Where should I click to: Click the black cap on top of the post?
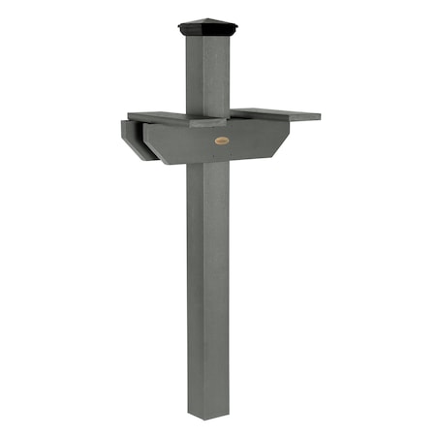[207, 27]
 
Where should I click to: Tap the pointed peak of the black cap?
[207, 17]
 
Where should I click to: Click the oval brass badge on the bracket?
[222, 141]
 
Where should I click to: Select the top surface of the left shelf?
[160, 116]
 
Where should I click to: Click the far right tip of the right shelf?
[319, 117]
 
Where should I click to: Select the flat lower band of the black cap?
[207, 32]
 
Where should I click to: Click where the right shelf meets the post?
[233, 112]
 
